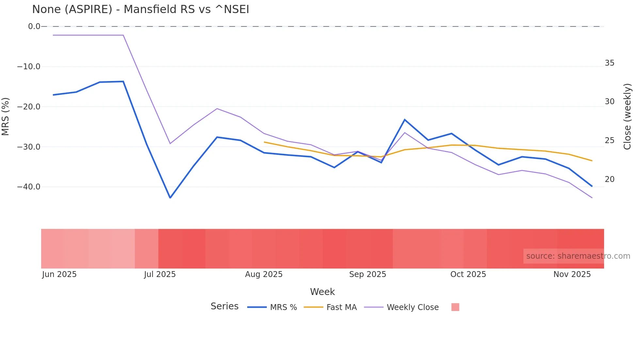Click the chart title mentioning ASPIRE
tap(140, 9)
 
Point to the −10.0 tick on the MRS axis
tap(29, 67)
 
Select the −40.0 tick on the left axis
tap(29, 187)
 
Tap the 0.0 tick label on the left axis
tap(34, 26)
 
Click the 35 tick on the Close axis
tap(609, 63)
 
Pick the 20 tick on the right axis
tap(609, 179)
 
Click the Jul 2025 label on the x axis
tap(160, 274)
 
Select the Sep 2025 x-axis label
tap(367, 274)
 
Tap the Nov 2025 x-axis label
tap(572, 274)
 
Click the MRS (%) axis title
tap(6, 116)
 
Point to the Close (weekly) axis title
tap(627, 116)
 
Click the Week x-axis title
tap(322, 291)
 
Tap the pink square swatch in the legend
tap(455, 307)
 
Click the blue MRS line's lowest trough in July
tap(170, 198)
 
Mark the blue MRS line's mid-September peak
tap(405, 120)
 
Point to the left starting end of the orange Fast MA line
tap(264, 142)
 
